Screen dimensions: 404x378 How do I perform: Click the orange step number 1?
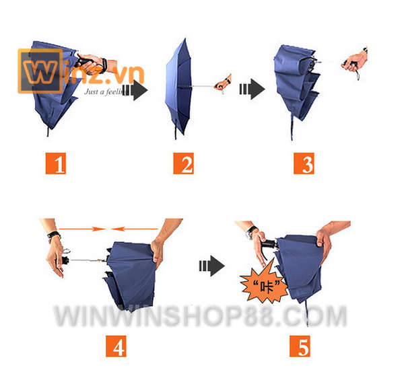coord(56,163)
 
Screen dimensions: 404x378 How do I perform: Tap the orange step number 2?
coord(183,163)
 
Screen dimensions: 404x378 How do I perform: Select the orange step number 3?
coord(304,163)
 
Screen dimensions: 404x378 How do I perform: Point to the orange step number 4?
coord(116,346)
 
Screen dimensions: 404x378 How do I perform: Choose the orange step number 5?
coord(300,346)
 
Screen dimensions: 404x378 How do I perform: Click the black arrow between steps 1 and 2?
coord(135,90)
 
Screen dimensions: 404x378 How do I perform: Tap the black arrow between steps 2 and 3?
coord(252,89)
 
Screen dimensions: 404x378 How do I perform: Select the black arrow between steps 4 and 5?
coord(212,266)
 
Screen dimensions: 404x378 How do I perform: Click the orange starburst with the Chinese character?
coord(263,285)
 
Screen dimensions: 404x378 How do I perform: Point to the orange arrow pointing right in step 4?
coord(82,229)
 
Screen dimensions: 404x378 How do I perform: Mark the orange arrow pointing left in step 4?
coord(135,229)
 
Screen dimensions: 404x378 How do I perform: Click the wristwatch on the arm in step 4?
coord(54,235)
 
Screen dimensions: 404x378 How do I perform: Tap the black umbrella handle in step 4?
coord(65,260)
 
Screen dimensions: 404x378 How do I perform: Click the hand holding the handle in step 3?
coord(354,62)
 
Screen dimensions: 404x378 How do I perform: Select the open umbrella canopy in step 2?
coord(179,86)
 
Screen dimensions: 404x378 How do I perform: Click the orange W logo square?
coord(40,71)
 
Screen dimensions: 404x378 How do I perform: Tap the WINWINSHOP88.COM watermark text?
coord(200,315)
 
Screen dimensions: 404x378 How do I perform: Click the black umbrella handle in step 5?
coord(269,243)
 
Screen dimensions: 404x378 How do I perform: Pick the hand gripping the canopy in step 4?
coord(157,252)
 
